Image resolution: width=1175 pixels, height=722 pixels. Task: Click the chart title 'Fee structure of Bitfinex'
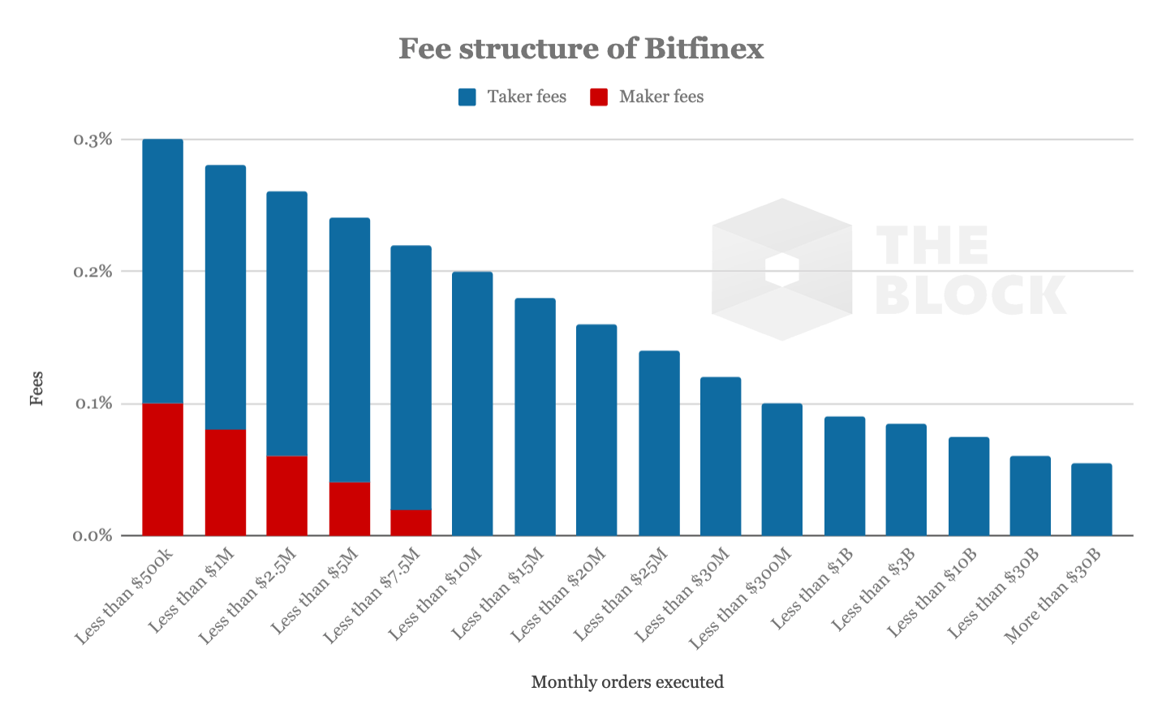581,49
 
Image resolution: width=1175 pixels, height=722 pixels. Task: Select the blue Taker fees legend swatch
467,97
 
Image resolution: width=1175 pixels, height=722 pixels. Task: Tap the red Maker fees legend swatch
599,97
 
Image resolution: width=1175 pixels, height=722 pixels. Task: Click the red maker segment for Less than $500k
163,469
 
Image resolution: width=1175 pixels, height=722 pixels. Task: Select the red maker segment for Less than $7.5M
411,522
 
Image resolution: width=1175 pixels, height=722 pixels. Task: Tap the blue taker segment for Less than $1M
226,297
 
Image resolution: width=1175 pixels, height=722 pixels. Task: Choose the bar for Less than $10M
472,403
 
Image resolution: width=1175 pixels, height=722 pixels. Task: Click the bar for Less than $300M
782,469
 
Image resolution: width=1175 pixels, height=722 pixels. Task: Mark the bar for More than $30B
1091,499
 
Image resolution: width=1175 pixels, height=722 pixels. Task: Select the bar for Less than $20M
596,430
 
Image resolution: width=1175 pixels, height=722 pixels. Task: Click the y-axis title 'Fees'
37,388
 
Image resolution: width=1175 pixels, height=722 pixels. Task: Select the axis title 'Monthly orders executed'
627,682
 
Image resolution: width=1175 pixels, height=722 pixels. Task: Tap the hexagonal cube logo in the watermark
781,269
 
